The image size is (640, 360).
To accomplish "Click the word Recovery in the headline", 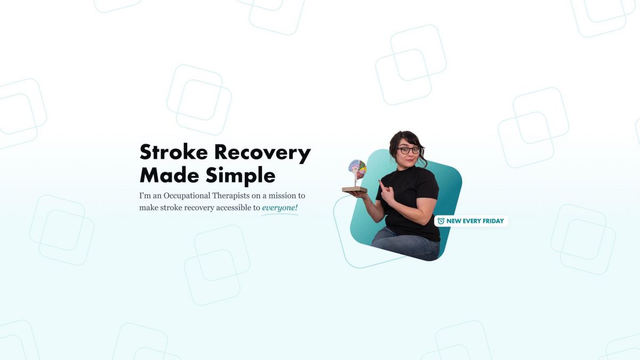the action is pyautogui.click(x=262, y=154).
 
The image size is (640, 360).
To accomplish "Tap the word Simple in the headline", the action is pyautogui.click(x=241, y=176).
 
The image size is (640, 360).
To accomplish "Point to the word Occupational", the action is pyautogui.click(x=187, y=196).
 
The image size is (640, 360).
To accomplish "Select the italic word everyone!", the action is pyautogui.click(x=279, y=207).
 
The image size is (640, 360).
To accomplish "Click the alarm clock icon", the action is pyautogui.click(x=441, y=221).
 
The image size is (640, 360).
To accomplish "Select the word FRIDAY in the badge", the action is pyautogui.click(x=493, y=221).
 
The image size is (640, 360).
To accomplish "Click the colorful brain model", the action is pyautogui.click(x=357, y=170).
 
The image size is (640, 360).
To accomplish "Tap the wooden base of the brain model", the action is pyautogui.click(x=355, y=189).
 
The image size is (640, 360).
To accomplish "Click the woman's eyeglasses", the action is pyautogui.click(x=409, y=150).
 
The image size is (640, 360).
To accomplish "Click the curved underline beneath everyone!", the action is pyautogui.click(x=279, y=214).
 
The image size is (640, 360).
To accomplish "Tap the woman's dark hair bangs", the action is pyautogui.click(x=406, y=140).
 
